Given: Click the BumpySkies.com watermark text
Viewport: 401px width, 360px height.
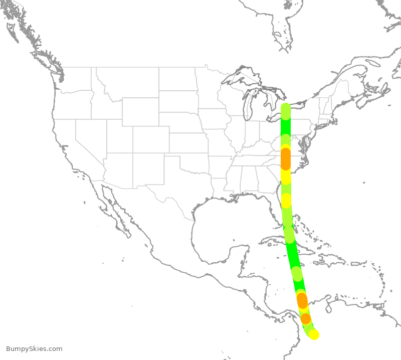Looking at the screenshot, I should click(x=34, y=349).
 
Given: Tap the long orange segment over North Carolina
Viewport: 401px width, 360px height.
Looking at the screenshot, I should click(x=285, y=158).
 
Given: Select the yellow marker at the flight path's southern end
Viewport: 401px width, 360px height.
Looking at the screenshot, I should click(x=314, y=334).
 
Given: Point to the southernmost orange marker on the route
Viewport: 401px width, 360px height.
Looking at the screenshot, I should click(x=305, y=318).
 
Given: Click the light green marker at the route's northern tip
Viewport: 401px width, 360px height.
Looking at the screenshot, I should click(x=285, y=110).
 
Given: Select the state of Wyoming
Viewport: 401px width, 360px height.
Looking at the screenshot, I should click(x=140, y=111).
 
